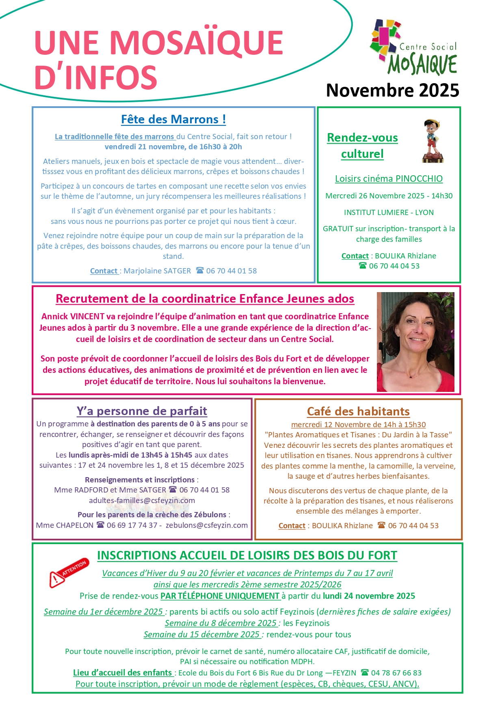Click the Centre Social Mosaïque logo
pos(414,47)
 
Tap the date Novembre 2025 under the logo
pos(392,90)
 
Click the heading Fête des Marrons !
pos(173,119)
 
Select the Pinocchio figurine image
pos(433,141)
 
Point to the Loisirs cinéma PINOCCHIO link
pos(389,179)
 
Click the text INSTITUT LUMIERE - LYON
pos(389,212)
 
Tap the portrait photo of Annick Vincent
pos(415,342)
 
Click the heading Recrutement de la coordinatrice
pos(205,299)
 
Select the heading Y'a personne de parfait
pos(142,411)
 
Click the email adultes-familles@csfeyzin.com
pos(142,500)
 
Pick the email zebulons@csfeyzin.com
pos(207,525)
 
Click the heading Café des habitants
pos(358,411)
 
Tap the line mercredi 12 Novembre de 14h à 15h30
pos(358,424)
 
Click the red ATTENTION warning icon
pos(68,572)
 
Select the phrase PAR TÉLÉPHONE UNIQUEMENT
pos(220,596)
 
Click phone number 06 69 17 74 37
pos(132,525)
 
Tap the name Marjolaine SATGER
pos(157,271)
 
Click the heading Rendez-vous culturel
pos(362,146)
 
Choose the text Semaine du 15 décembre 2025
pos(201,634)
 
